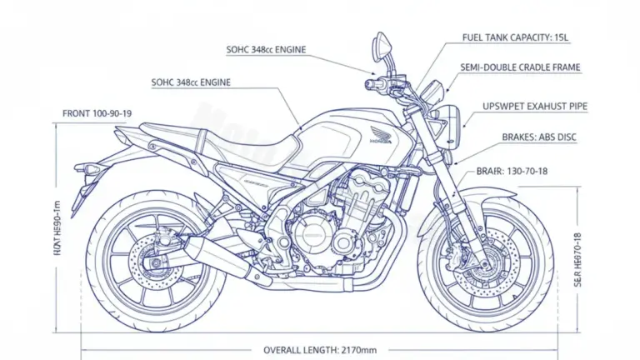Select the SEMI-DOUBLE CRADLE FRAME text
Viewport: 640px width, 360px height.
pos(521,67)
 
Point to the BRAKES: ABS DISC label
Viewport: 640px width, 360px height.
pos(539,137)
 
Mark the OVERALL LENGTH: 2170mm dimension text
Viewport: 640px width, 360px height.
pos(320,349)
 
